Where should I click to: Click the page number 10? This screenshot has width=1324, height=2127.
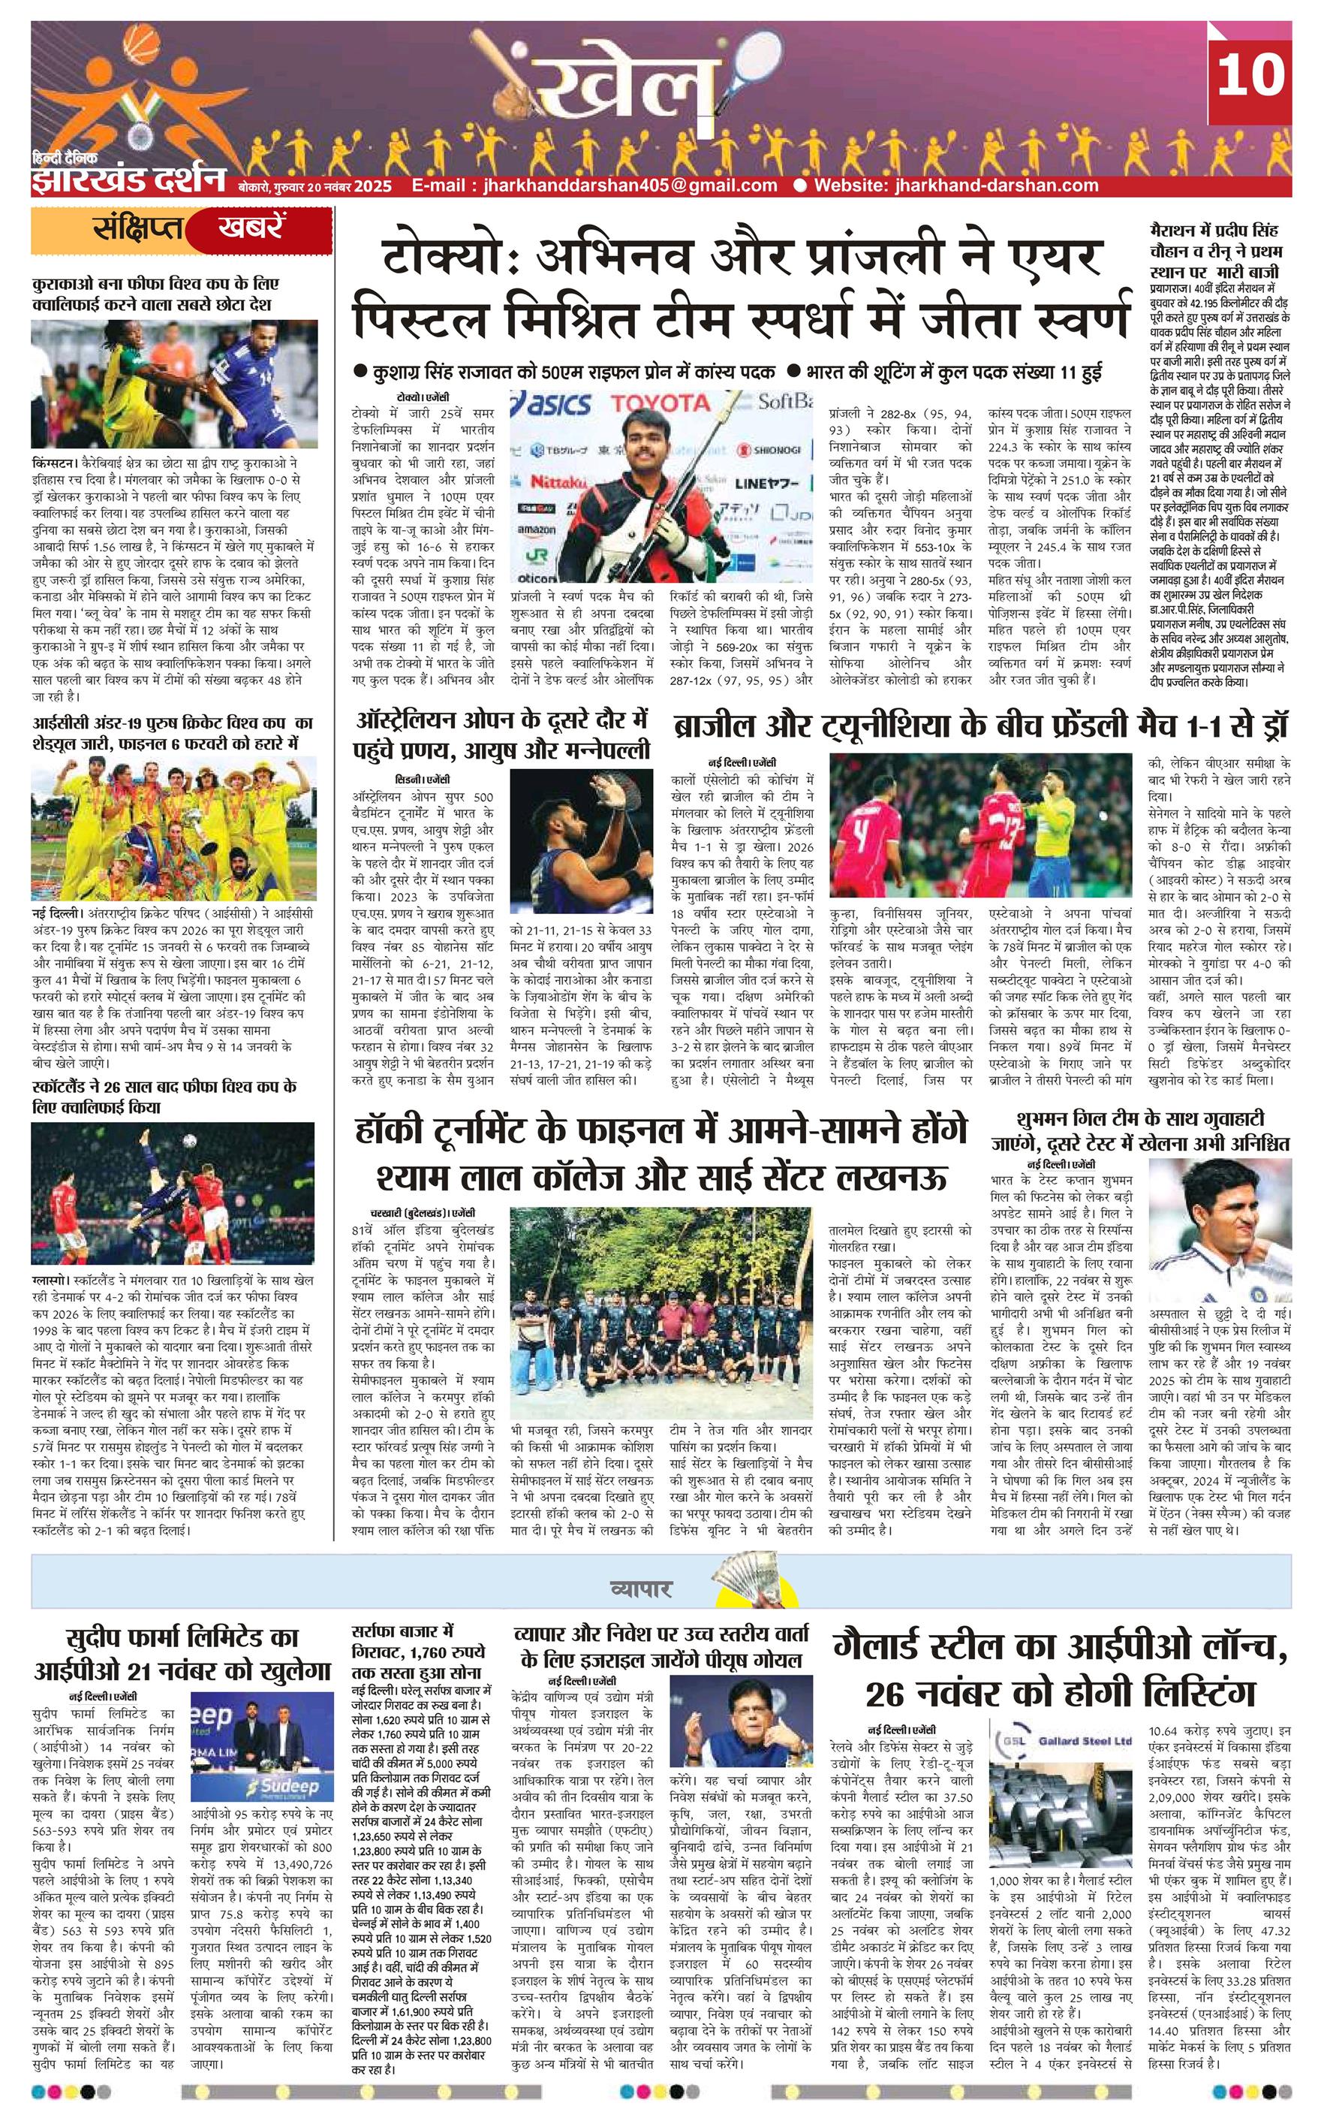point(1250,75)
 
